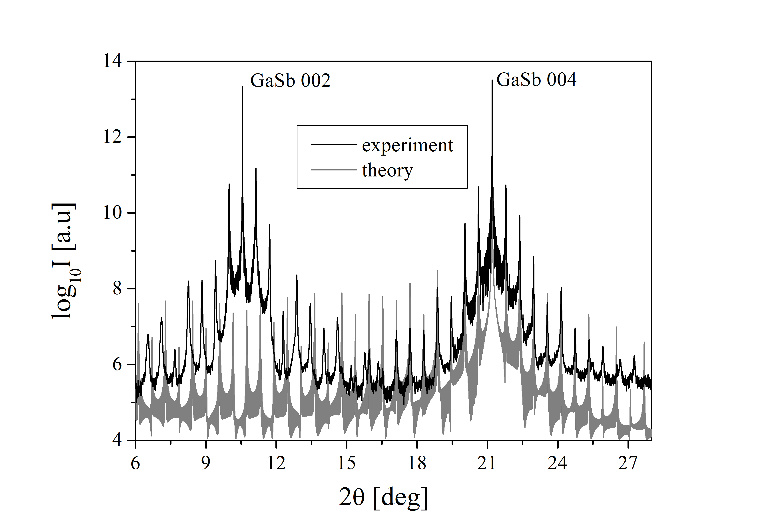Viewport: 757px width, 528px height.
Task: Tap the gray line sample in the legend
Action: tap(334, 170)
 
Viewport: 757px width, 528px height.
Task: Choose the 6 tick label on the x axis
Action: tap(135, 463)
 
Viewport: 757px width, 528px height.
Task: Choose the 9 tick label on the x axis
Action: tap(206, 463)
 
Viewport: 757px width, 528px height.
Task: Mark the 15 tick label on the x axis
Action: tap(347, 463)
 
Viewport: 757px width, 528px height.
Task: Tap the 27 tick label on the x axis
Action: tap(628, 463)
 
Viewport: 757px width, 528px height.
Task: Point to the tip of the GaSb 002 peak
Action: tap(242, 87)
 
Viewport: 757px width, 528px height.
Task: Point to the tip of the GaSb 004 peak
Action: tap(492, 80)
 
